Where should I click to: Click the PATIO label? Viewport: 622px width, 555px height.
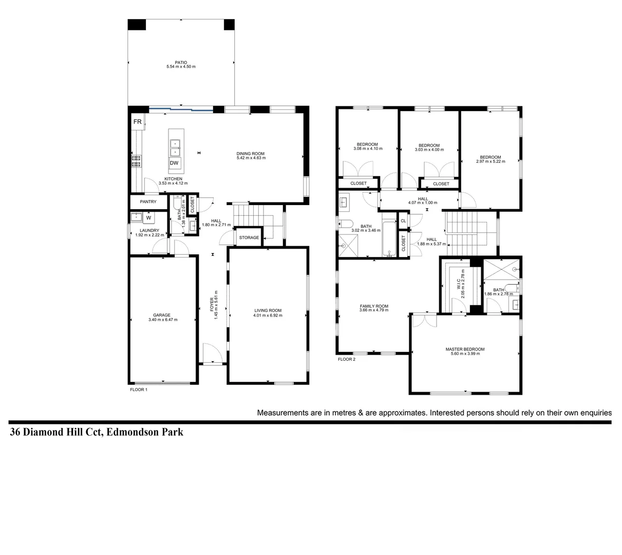pos(181,62)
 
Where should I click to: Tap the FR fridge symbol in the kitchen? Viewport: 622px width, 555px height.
pos(138,122)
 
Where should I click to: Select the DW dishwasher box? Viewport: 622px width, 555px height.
pos(175,163)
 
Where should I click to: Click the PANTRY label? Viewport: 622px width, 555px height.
pos(148,202)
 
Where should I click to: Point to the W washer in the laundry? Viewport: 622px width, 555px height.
pos(148,217)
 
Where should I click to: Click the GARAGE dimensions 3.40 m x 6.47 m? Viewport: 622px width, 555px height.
pos(162,320)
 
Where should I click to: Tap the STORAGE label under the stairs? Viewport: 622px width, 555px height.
pos(249,237)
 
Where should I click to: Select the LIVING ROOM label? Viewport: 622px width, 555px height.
pos(268,310)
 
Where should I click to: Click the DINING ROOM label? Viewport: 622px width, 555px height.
pos(251,153)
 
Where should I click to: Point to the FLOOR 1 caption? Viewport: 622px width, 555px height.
pos(139,390)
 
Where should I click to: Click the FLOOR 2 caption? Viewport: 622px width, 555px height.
pos(347,359)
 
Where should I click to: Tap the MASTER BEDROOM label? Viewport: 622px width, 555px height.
pos(465,349)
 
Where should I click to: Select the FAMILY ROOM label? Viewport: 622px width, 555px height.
pos(374,306)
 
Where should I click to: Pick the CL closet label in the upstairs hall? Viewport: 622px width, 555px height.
pos(403,221)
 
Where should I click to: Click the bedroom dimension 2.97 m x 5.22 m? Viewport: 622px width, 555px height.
pos(491,161)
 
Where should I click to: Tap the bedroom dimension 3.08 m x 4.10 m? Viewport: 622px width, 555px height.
pos(368,149)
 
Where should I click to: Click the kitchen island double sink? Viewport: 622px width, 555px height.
pos(175,147)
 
